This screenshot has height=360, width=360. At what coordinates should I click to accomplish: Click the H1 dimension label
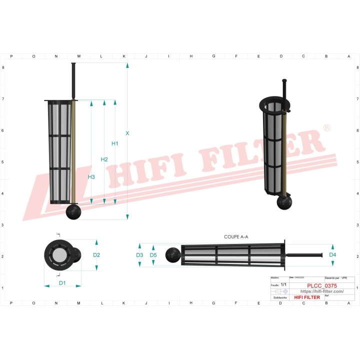pyautogui.click(x=114, y=144)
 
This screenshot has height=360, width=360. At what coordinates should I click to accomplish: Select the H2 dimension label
pyautogui.click(x=104, y=159)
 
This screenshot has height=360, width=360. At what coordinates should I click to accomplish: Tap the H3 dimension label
pyautogui.click(x=91, y=177)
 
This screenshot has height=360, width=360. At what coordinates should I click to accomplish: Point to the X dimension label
pyautogui.click(x=127, y=133)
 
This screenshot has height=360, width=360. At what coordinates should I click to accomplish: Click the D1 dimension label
pyautogui.click(x=62, y=283)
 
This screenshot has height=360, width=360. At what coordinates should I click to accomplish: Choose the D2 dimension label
pyautogui.click(x=96, y=255)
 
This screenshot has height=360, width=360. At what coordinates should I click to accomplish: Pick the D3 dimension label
pyautogui.click(x=140, y=255)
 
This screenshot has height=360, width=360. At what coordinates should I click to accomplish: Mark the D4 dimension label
pyautogui.click(x=332, y=255)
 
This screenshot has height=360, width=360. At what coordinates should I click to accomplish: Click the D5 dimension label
pyautogui.click(x=153, y=255)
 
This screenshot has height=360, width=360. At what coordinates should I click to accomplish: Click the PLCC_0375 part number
pyautogui.click(x=321, y=285)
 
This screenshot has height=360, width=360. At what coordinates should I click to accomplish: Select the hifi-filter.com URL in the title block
pyautogui.click(x=321, y=291)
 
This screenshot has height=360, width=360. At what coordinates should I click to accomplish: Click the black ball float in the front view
pyautogui.click(x=73, y=212)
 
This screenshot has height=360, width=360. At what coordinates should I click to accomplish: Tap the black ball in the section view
pyautogui.click(x=173, y=254)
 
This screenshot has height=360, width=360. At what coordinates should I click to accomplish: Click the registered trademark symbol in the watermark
pyautogui.click(x=326, y=128)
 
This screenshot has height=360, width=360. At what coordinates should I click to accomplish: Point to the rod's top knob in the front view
pyautogui.click(x=73, y=65)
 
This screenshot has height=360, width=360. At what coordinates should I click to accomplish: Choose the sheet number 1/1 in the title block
pyautogui.click(x=283, y=284)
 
